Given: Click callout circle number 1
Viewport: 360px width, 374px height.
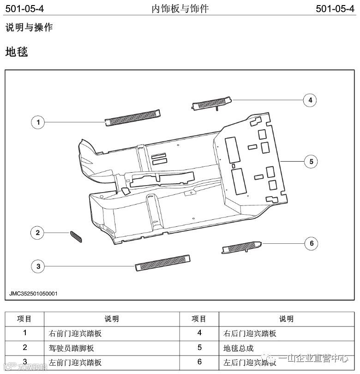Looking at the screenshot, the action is [x=38, y=122].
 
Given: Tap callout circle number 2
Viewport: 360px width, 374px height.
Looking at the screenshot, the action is [x=38, y=233].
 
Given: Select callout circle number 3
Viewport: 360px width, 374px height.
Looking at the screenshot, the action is [x=38, y=265].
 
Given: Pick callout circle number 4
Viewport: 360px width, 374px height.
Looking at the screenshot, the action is [x=310, y=100].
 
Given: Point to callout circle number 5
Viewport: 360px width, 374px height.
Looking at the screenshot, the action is [x=311, y=161].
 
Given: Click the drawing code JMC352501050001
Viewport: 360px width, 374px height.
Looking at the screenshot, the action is [x=34, y=293].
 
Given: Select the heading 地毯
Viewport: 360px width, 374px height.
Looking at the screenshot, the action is [x=17, y=52].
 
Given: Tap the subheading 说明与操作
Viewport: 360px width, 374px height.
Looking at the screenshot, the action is [x=29, y=28].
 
